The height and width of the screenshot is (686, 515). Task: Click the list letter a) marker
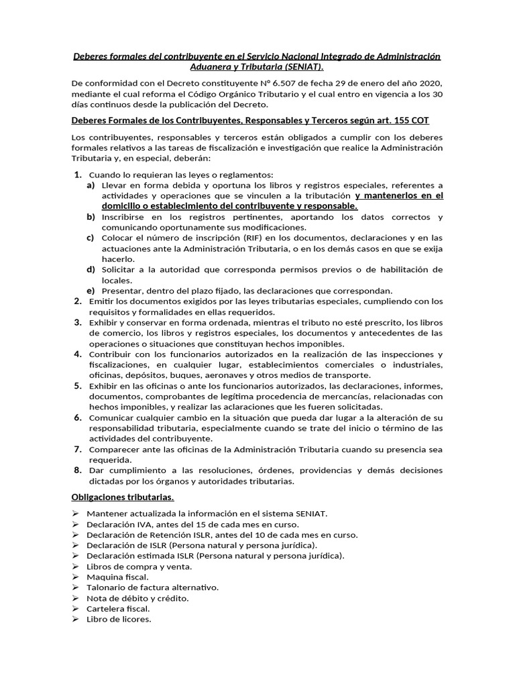pyautogui.click(x=91, y=185)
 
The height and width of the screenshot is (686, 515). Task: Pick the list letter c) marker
pyautogui.click(x=91, y=238)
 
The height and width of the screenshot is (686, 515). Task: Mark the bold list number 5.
pyautogui.click(x=78, y=386)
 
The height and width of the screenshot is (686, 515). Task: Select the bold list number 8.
pyautogui.click(x=78, y=470)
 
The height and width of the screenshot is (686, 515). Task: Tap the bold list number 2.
pyautogui.click(x=78, y=301)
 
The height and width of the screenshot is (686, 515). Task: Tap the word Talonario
pyautogui.click(x=107, y=588)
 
